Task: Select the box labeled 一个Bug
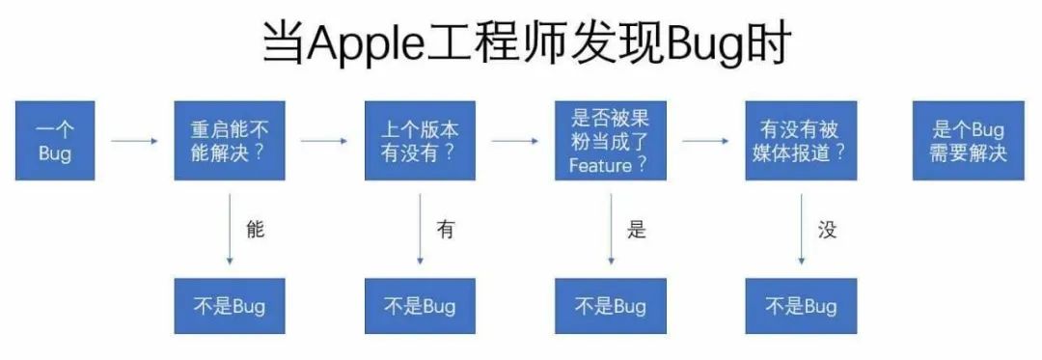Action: [x=55, y=141]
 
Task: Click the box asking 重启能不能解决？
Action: [x=230, y=141]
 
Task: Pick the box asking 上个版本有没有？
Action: [x=420, y=141]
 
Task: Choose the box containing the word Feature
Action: [x=610, y=141]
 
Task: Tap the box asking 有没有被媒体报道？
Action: [x=801, y=141]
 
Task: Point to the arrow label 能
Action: [x=256, y=230]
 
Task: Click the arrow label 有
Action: [x=445, y=230]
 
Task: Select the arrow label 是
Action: [x=636, y=230]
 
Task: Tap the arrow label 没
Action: [x=827, y=230]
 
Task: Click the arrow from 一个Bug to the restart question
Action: [x=134, y=141]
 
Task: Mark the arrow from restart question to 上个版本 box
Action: [x=324, y=141]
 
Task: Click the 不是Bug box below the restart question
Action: [x=230, y=306]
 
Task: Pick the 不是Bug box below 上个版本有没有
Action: [x=420, y=306]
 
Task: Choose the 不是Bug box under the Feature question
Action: [x=610, y=306]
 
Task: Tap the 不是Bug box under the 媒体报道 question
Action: [x=801, y=306]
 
